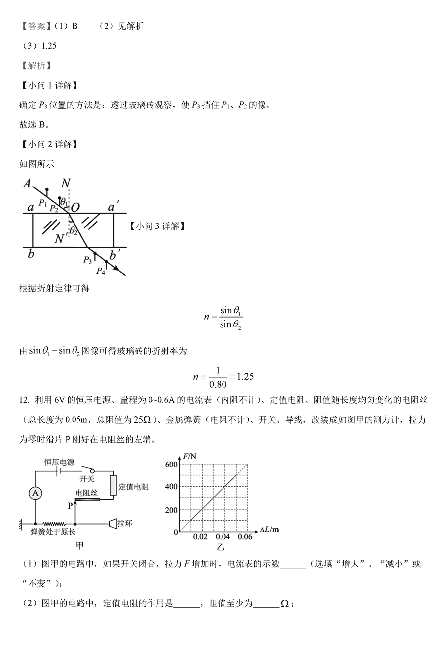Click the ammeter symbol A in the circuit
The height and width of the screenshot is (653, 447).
point(35,493)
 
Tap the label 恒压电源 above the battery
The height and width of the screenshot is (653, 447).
point(59,462)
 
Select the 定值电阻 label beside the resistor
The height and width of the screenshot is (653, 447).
point(134,487)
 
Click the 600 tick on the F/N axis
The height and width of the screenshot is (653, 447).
point(171,465)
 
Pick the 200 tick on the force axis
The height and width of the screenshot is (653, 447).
point(171,510)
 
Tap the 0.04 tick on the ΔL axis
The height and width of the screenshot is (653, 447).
point(223,538)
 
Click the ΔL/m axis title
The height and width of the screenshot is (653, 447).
point(269,530)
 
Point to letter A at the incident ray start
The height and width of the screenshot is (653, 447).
point(27,184)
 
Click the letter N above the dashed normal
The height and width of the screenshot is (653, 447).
point(65,183)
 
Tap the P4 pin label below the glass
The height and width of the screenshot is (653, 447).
point(101,271)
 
